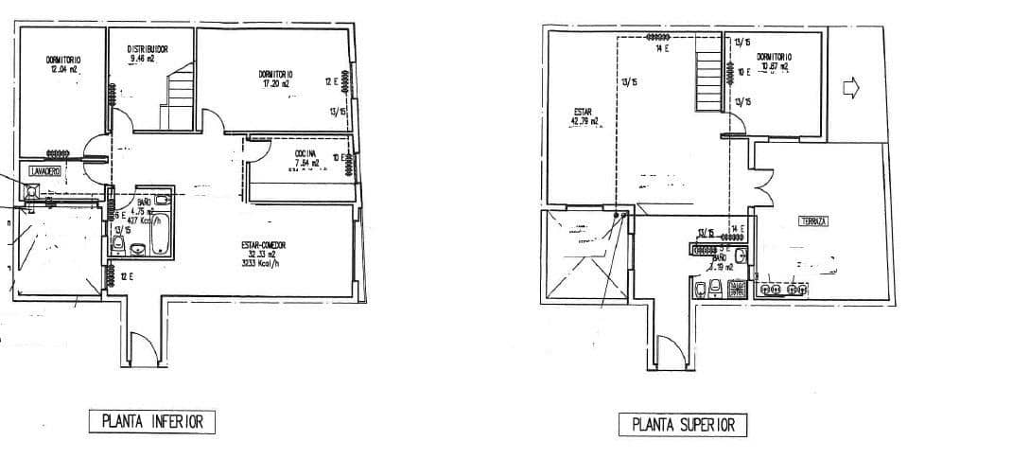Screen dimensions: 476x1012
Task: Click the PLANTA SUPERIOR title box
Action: click(x=682, y=425)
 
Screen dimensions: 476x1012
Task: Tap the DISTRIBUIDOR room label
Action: click(x=148, y=48)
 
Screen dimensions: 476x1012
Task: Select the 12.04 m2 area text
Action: click(x=63, y=69)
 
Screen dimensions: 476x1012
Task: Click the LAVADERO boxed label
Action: click(x=44, y=171)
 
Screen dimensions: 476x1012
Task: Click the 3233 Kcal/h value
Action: click(x=263, y=264)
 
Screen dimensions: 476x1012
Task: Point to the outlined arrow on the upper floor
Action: click(x=850, y=87)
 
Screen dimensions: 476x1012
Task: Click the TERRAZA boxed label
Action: click(x=813, y=221)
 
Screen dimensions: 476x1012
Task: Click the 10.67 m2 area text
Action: click(x=775, y=66)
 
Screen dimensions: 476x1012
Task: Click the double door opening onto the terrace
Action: click(x=761, y=182)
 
